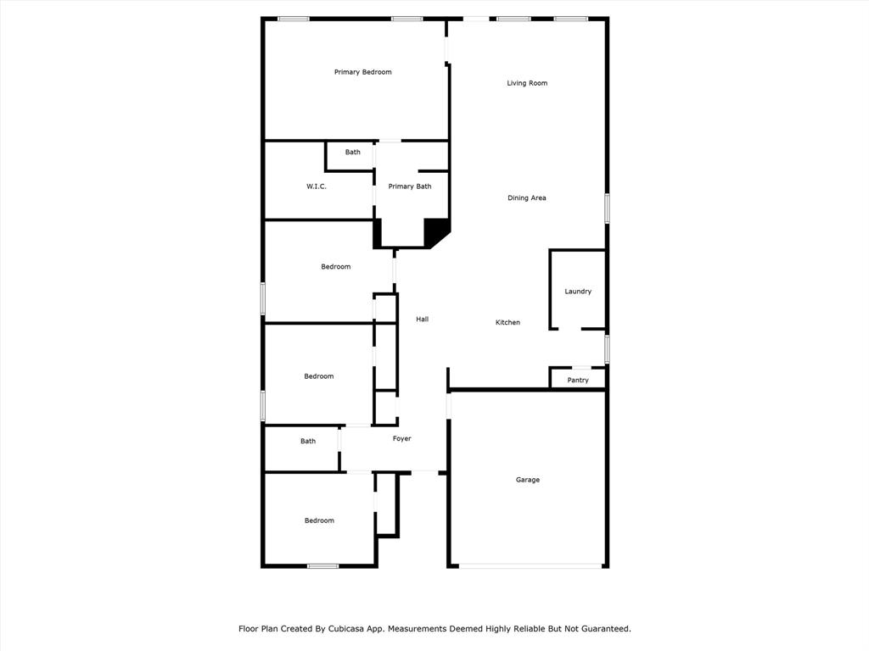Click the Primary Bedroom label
point(362,72)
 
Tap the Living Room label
point(527,83)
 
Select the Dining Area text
point(526,198)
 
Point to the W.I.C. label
point(317,186)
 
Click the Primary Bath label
point(410,186)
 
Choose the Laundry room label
point(578,292)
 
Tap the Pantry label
point(578,381)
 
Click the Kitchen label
point(507,322)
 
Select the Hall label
point(423,319)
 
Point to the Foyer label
point(401,438)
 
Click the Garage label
point(528,480)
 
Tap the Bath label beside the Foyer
point(308,441)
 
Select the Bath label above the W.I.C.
point(352,153)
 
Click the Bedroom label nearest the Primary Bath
point(336,267)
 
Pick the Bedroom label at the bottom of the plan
point(319,520)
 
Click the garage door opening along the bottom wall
point(531,565)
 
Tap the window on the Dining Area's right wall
point(607,209)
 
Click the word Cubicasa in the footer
point(349,629)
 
